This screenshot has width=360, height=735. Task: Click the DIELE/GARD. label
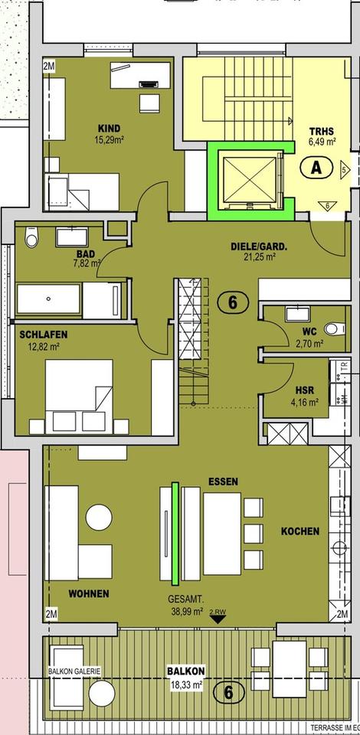pos(259,247)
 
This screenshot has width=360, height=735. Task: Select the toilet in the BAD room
pos(31,237)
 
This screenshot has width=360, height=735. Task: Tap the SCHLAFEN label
pos(44,334)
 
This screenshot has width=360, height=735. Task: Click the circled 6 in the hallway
pos(232,302)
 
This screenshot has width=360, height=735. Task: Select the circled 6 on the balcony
pos(233,694)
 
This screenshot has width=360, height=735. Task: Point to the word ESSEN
pos(223,482)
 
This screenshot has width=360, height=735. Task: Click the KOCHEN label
pos(300,531)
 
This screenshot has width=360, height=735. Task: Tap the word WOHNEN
pos(88,593)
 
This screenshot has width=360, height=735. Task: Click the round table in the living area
pos(99,517)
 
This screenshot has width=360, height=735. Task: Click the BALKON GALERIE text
pos(74,671)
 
